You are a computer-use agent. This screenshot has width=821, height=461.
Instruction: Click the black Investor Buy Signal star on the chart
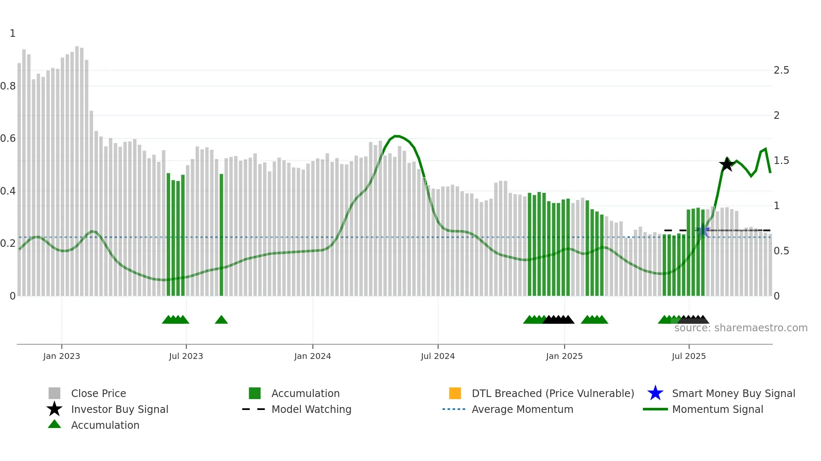point(727,164)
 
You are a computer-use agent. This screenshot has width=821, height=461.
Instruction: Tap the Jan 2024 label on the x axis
point(312,356)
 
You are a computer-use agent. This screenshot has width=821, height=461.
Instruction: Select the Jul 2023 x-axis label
point(186,356)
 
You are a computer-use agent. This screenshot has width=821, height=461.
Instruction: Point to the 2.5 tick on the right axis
point(781,70)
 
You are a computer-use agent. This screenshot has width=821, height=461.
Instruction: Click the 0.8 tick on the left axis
point(8,86)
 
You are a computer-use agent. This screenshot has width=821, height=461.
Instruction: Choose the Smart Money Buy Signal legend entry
point(733,394)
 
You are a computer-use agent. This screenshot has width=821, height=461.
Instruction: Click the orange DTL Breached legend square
point(455,393)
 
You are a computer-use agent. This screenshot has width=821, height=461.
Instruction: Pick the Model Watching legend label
point(311,410)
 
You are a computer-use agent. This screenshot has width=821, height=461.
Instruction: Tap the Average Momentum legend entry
point(522,410)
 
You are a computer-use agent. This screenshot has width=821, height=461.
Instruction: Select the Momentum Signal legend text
point(718,410)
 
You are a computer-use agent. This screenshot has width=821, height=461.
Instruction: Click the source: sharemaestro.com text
point(741,328)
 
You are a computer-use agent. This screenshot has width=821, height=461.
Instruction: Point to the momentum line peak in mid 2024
point(396,136)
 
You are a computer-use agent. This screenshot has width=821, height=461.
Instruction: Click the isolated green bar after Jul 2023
point(221,234)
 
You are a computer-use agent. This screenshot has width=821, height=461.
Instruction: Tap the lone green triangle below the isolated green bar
point(221,320)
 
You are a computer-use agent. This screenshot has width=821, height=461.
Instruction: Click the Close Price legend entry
point(98,394)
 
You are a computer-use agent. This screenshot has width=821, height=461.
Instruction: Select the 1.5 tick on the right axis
point(781,161)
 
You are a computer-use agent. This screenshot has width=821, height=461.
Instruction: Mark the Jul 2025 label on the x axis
point(689,356)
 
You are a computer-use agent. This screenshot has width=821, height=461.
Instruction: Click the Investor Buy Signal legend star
point(54,409)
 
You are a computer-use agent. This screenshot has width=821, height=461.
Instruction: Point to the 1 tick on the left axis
point(13,33)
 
